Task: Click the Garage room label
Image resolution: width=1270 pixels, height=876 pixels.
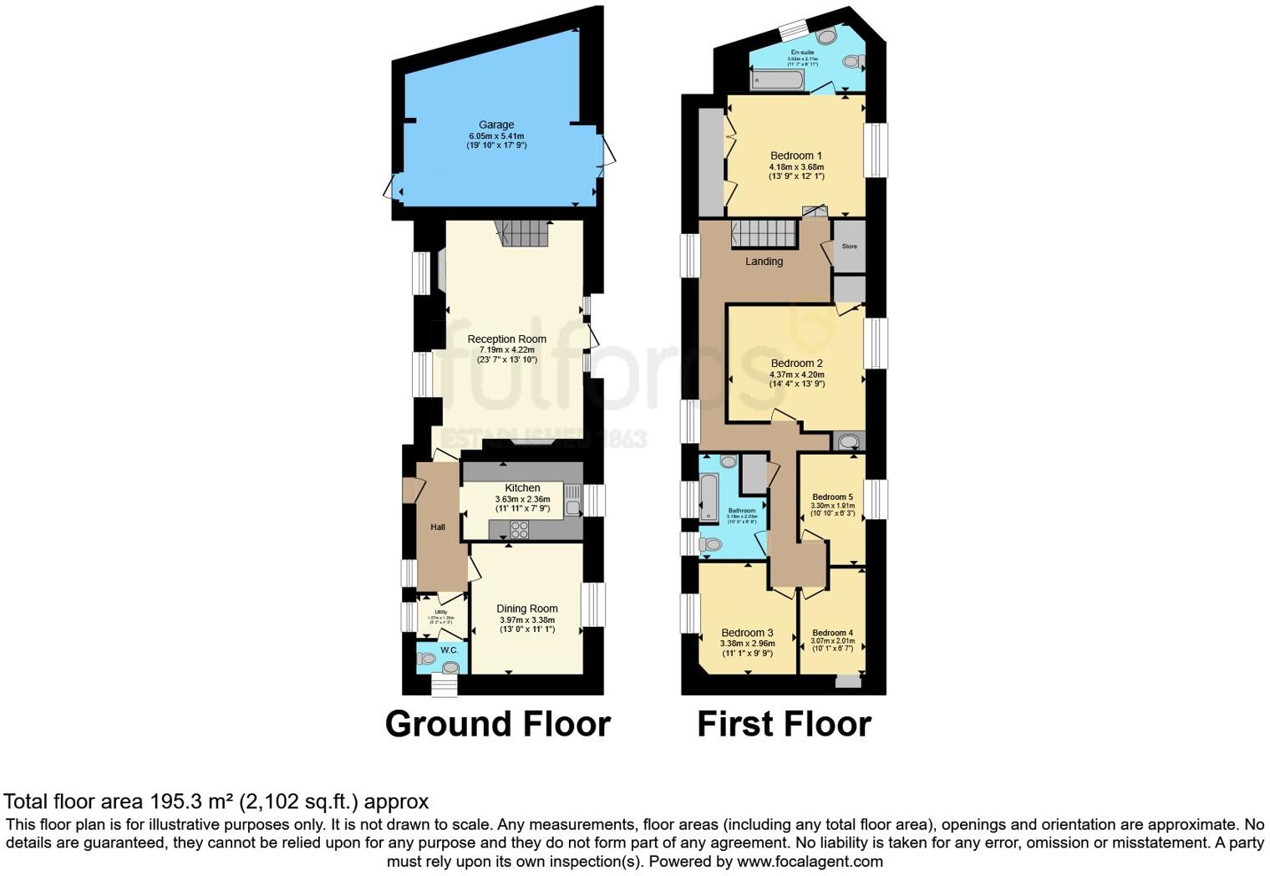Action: pyautogui.click(x=496, y=125)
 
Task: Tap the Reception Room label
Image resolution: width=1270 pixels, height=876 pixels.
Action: pyautogui.click(x=506, y=339)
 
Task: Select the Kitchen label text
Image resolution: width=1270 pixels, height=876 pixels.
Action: pyautogui.click(x=522, y=488)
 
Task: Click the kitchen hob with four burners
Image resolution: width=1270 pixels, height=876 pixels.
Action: pyautogui.click(x=519, y=529)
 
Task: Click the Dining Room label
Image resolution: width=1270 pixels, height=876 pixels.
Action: pyautogui.click(x=526, y=609)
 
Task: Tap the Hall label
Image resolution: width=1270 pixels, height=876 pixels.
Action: pyautogui.click(x=438, y=527)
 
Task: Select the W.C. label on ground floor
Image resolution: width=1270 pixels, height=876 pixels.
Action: pyautogui.click(x=449, y=649)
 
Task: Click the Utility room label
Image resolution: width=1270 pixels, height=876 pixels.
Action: pyautogui.click(x=440, y=612)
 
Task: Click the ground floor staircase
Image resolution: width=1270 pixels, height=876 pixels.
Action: pyautogui.click(x=523, y=233)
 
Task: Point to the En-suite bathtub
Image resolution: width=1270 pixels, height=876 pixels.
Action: pyautogui.click(x=777, y=80)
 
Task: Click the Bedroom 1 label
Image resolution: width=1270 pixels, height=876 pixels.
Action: pyautogui.click(x=796, y=155)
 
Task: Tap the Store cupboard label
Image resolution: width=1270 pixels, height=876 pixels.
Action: pyautogui.click(x=849, y=247)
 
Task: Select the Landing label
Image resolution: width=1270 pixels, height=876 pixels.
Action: pyautogui.click(x=764, y=262)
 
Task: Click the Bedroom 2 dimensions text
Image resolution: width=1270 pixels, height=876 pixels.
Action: pyautogui.click(x=796, y=379)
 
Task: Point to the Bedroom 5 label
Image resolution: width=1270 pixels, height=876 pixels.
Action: pyautogui.click(x=832, y=497)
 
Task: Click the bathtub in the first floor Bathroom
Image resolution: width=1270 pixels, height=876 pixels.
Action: pyautogui.click(x=709, y=497)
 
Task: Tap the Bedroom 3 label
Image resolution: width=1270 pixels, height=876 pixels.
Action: pyautogui.click(x=747, y=633)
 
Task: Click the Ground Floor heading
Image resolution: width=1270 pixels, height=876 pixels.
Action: pyautogui.click(x=497, y=724)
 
